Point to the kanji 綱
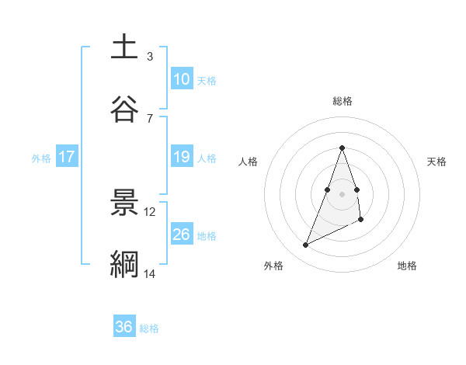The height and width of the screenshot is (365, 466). point(124,264)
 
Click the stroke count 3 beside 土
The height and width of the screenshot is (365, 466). point(149,57)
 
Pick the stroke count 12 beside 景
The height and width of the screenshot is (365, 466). point(150,211)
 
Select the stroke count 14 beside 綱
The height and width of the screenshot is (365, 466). point(149,274)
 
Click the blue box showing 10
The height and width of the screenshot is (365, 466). point(182,79)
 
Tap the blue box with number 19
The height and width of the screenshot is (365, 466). point(182,157)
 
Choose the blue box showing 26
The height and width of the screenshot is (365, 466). point(182,234)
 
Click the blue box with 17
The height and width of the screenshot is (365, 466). point(67,157)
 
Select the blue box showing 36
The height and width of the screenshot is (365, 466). point(124,327)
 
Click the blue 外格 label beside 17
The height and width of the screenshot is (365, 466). point(41,158)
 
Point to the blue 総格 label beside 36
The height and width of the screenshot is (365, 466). point(149,328)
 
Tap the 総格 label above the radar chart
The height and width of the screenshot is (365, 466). point(343,101)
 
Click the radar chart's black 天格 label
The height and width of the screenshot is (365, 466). point(437,162)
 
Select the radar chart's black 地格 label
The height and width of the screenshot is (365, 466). point(407,266)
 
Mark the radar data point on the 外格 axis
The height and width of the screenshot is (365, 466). point(305,245)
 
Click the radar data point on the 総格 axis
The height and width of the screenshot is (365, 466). point(343,148)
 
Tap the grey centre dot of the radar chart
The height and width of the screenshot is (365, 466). point(343,193)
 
